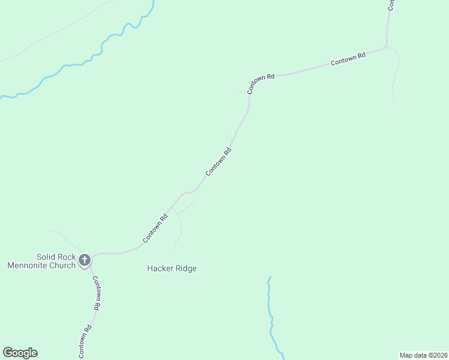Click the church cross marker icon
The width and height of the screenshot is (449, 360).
pyautogui.click(x=85, y=260)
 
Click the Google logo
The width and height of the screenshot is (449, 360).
pyautogui.click(x=20, y=353)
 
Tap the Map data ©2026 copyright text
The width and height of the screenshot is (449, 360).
pyautogui.click(x=424, y=355)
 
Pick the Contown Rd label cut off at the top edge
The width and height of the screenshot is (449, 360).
pyautogui.click(x=391, y=5)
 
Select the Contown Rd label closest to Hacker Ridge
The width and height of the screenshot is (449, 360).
pyautogui.click(x=154, y=229)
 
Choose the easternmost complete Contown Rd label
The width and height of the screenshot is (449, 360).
pyautogui.click(x=348, y=59)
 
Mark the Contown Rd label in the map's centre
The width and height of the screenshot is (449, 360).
pyautogui.click(x=218, y=162)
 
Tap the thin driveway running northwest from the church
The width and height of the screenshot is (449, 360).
pyautogui.click(x=66, y=239)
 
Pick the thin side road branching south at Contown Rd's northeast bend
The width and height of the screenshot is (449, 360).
pyautogui.click(x=396, y=72)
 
